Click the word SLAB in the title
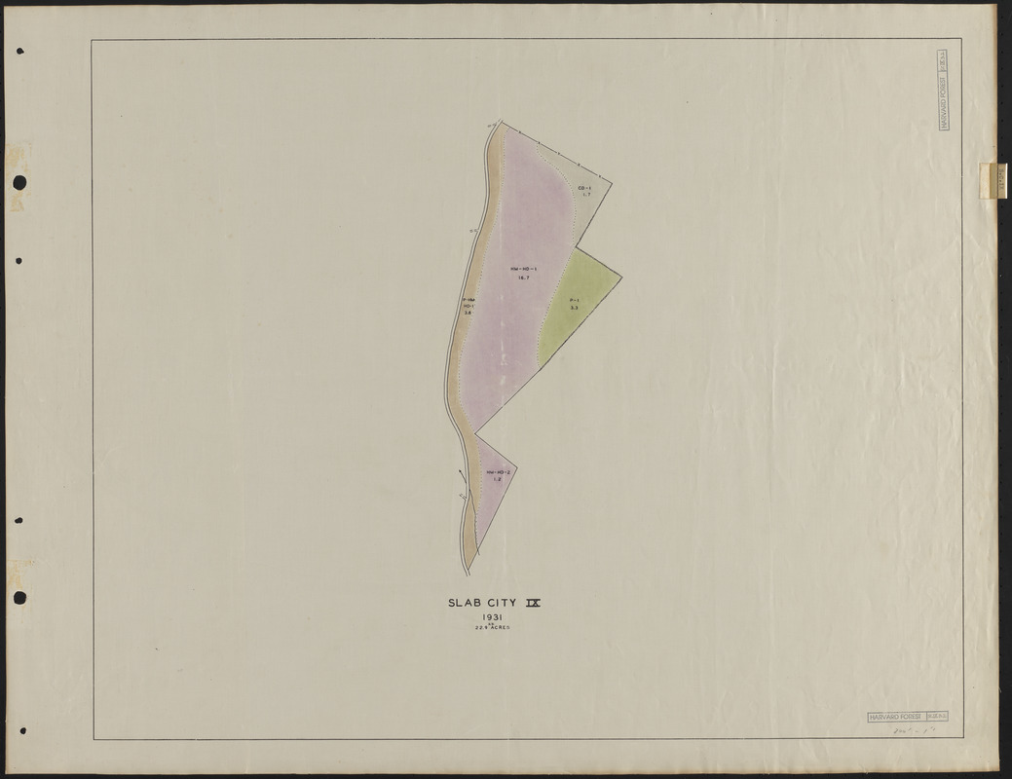(462, 603)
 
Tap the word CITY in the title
(500, 603)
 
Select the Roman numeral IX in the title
(532, 603)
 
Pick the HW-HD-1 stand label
(523, 268)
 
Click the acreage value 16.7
(523, 278)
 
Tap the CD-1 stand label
(584, 187)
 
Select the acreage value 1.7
(585, 195)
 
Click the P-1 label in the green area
(575, 300)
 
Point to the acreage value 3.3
(575, 309)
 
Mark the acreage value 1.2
(497, 480)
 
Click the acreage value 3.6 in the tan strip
(469, 313)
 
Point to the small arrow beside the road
(460, 477)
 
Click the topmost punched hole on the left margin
(19, 182)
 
